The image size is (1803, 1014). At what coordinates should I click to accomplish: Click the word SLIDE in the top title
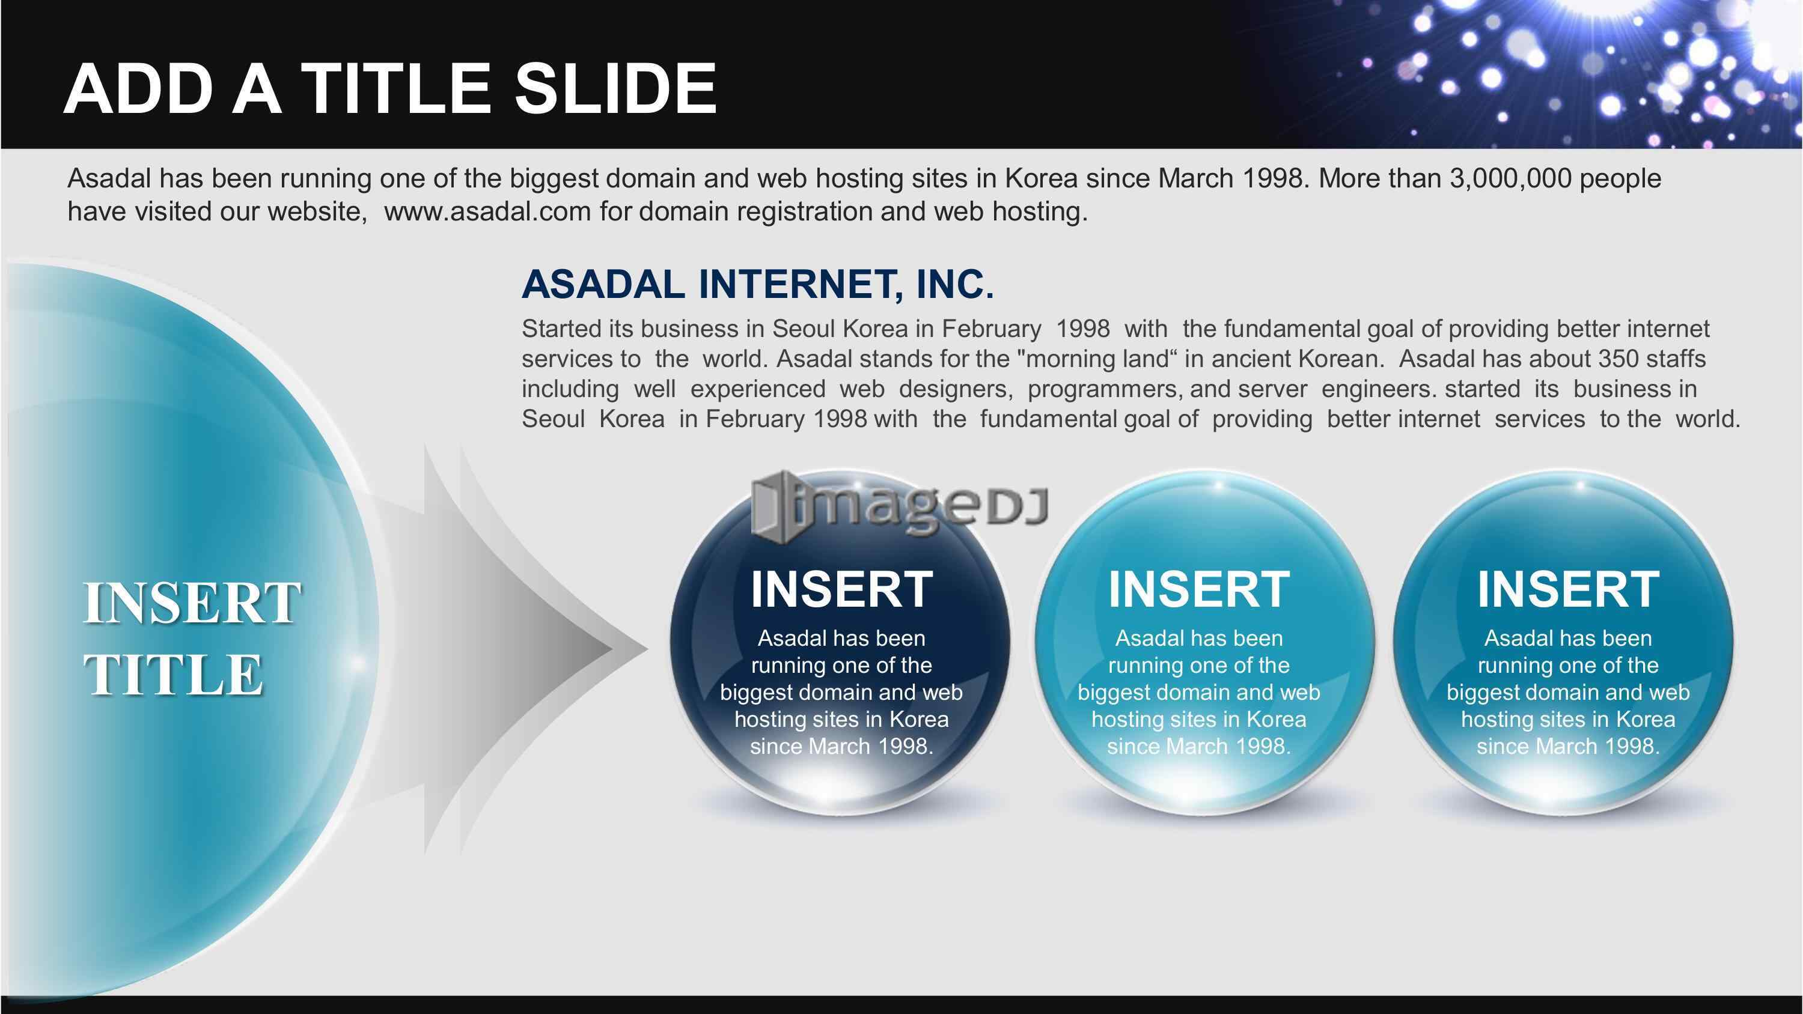coord(615,88)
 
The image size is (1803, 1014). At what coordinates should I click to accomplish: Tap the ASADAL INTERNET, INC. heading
coord(757,284)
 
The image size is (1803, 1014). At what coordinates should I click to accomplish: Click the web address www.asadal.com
coord(487,211)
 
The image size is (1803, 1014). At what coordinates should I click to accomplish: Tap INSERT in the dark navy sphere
coord(841,589)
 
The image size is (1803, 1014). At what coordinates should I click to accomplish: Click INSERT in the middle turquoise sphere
coord(1199,589)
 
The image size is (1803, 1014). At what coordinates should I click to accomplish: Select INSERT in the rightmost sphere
coord(1568,589)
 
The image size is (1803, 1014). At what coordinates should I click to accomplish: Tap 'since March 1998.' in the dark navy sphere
coord(841,746)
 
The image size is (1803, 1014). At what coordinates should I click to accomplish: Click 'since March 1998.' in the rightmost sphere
coord(1568,746)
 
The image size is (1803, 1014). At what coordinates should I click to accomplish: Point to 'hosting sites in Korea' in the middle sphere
coord(1199,720)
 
